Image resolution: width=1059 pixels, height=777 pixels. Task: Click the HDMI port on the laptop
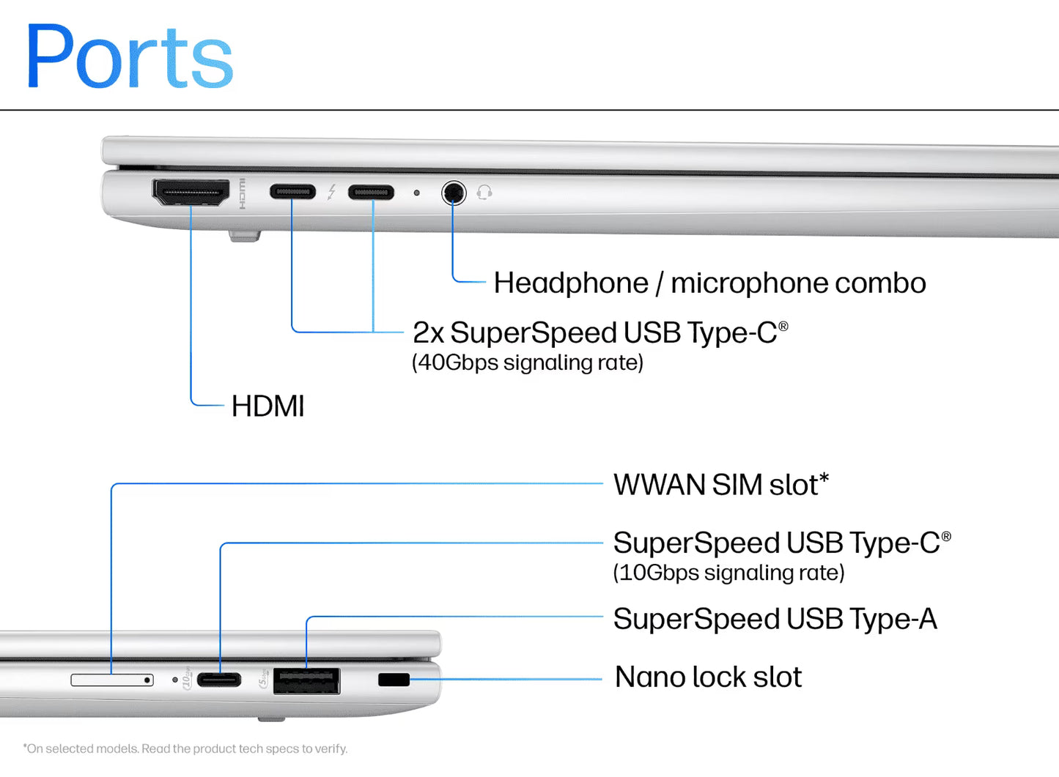point(191,192)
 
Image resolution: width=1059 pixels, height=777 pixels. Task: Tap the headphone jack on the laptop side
point(454,193)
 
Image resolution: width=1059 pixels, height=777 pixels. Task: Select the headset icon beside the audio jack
point(484,193)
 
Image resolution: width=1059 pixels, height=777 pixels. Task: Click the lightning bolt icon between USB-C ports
point(332,192)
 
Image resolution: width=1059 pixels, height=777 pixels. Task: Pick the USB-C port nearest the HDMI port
point(292,192)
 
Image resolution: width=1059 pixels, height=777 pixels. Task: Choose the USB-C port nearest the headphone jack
point(371,193)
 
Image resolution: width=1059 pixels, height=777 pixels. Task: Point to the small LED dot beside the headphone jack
point(416,193)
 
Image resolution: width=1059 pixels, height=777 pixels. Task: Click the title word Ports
point(129,57)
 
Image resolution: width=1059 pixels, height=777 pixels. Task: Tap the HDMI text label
point(267,406)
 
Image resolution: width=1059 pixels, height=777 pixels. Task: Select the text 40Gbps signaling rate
point(527,363)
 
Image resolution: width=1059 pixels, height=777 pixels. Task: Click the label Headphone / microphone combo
point(709,283)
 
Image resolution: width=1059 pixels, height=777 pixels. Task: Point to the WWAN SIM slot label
point(720,485)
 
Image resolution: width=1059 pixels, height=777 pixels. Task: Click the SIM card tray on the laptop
point(111,680)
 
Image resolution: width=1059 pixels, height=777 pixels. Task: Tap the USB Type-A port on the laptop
point(306,681)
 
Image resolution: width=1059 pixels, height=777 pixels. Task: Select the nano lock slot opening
point(394,680)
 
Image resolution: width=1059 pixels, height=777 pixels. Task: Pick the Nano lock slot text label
point(708,677)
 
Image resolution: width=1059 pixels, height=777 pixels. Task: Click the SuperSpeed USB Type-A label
point(775,619)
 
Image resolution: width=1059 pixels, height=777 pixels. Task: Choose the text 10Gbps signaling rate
point(728,573)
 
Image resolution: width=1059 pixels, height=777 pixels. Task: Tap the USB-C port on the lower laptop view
point(219,680)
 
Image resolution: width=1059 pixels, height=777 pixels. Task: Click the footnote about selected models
point(185,748)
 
